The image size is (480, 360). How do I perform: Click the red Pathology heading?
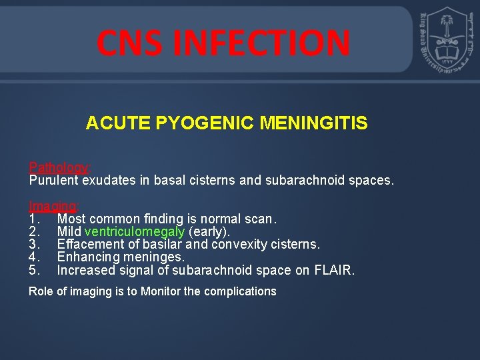pos(59,167)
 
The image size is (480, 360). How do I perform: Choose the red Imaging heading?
pos(53,206)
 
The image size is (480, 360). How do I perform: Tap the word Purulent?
pos(53,180)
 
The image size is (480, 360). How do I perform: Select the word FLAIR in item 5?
pos(337,270)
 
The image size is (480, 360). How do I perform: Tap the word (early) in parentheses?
pos(209,231)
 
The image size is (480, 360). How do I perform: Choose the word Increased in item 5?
pos(85,270)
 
